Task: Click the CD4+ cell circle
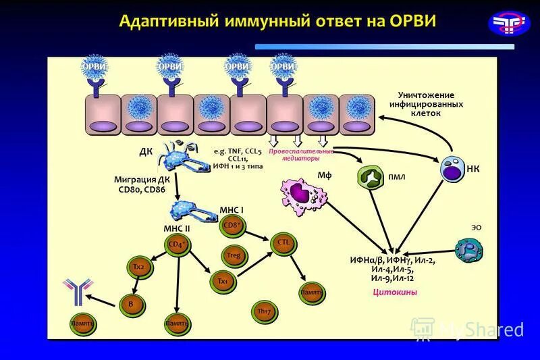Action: (x=177, y=245)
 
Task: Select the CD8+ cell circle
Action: (x=233, y=225)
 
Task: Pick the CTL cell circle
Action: (x=282, y=242)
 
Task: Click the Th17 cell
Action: (x=263, y=311)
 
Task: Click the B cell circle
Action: (x=131, y=304)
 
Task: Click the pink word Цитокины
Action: (x=395, y=292)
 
